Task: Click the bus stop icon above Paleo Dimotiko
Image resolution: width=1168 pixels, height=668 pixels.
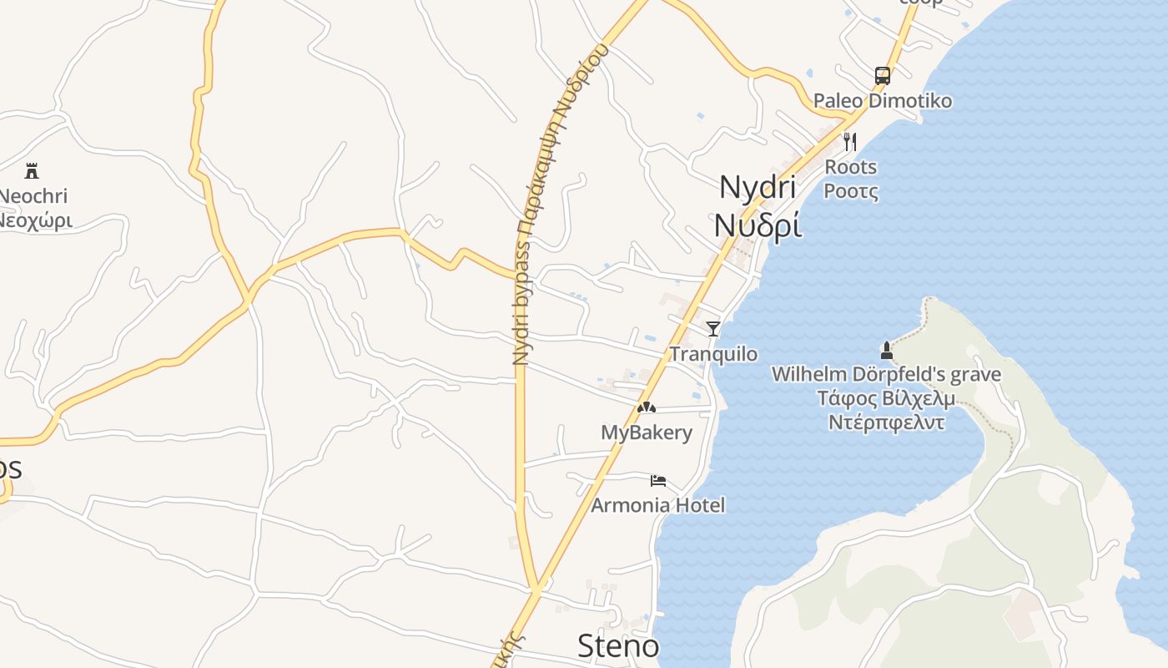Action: pyautogui.click(x=882, y=76)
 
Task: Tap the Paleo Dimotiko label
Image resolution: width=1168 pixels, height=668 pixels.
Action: pyautogui.click(x=882, y=101)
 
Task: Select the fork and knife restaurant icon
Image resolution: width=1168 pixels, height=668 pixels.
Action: pyautogui.click(x=850, y=141)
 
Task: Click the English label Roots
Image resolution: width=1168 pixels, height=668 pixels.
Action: pyautogui.click(x=850, y=167)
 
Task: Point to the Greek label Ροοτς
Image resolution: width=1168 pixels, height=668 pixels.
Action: pyautogui.click(x=850, y=192)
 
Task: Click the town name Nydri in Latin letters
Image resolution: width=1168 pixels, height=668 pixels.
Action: pyautogui.click(x=758, y=187)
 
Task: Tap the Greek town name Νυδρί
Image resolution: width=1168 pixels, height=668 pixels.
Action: pyautogui.click(x=758, y=225)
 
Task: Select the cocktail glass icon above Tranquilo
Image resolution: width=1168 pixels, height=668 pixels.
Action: pyautogui.click(x=713, y=328)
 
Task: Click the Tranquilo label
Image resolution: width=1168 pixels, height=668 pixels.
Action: pyautogui.click(x=713, y=354)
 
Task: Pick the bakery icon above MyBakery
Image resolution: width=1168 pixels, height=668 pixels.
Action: pyautogui.click(x=647, y=407)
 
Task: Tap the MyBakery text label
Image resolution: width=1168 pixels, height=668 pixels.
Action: pyautogui.click(x=647, y=433)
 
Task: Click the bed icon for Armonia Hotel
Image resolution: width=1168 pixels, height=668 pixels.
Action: pyautogui.click(x=658, y=480)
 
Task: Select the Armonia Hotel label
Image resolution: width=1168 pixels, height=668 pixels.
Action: pyautogui.click(x=658, y=505)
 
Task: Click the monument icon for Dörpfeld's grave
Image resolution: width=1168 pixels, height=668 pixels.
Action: pyautogui.click(x=886, y=351)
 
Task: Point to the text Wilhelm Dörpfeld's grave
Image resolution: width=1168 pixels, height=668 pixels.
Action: pyautogui.click(x=886, y=374)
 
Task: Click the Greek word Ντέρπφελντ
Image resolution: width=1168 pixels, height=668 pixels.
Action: pyautogui.click(x=886, y=422)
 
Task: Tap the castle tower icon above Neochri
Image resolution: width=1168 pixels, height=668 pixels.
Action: pyautogui.click(x=32, y=171)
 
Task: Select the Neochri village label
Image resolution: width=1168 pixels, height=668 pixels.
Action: pyautogui.click(x=33, y=196)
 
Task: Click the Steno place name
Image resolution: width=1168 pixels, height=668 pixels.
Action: pyautogui.click(x=618, y=645)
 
